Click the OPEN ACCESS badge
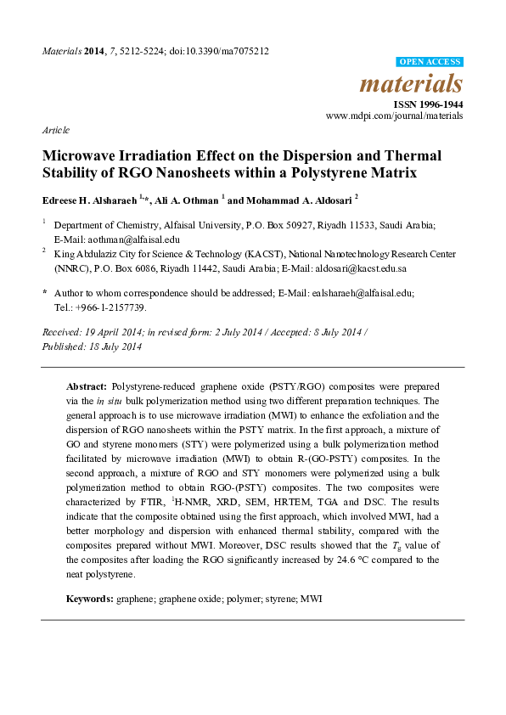click(x=430, y=62)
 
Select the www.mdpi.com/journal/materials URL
click(x=395, y=115)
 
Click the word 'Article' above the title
click(x=55, y=130)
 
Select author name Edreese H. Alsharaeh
click(x=89, y=200)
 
